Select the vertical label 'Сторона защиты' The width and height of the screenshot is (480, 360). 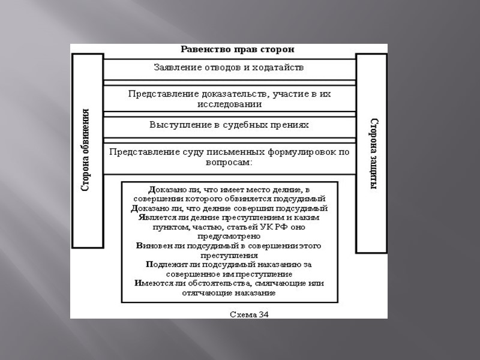pos(372,154)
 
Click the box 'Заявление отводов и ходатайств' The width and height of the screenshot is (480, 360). pos(229,68)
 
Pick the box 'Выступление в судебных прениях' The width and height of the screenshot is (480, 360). pos(229,125)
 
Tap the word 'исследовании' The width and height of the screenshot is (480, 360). pos(229,104)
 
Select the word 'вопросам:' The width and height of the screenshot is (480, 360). pos(229,162)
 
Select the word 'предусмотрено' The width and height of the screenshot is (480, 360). pos(229,236)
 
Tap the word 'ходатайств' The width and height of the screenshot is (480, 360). pos(281,68)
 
